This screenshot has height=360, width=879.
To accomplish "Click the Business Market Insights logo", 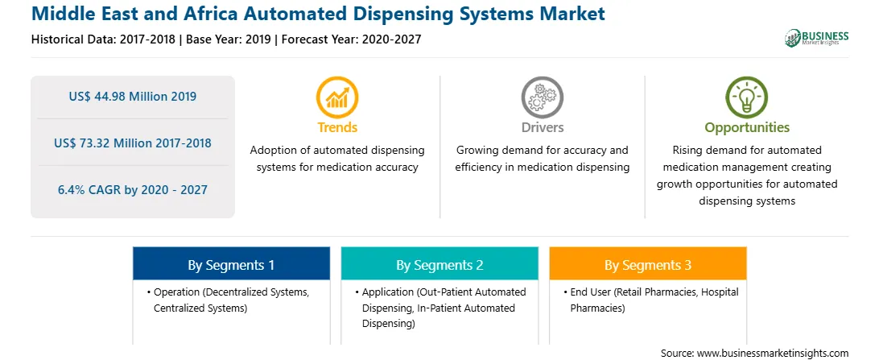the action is point(817,38).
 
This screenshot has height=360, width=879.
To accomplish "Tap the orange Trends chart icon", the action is point(337,97).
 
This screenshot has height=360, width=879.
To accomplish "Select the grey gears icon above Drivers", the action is point(542,97).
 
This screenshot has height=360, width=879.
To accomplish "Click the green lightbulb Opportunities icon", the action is point(747,97).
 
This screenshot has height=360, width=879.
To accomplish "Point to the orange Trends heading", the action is point(337,127).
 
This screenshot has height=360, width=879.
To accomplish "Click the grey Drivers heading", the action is point(542,127).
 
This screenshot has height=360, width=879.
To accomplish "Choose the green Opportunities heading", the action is point(747,128).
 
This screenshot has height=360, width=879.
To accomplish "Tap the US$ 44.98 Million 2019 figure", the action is point(133,97).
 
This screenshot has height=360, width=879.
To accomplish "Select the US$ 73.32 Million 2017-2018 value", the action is point(133,143).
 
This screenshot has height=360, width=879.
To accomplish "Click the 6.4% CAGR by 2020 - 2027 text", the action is point(133,190).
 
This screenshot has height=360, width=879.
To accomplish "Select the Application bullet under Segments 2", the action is point(440,308).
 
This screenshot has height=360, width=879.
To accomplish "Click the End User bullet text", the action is point(651,300).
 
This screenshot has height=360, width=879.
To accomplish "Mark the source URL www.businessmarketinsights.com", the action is point(773,354).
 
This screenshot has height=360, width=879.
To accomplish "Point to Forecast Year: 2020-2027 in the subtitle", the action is point(352,39).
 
